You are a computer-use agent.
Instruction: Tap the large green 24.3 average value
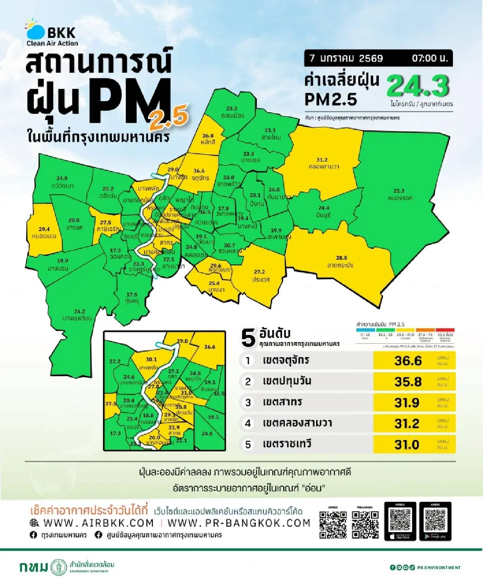coord(417,85)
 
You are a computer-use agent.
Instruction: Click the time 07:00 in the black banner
coord(429,58)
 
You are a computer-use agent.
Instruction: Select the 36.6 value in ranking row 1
coord(408,361)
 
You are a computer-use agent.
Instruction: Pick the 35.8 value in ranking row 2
coord(408,382)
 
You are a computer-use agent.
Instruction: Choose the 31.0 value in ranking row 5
coord(407,445)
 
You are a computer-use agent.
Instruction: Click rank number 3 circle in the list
coord(248,402)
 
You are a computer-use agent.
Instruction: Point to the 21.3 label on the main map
coord(398,191)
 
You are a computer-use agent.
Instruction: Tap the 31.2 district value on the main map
coord(322,160)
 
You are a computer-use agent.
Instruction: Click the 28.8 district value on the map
coord(341,258)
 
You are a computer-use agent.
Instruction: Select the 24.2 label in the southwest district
coord(79,311)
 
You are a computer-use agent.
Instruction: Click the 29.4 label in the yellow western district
coord(44,229)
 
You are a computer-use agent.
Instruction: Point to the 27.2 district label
coord(259,272)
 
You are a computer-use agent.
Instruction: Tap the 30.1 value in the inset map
coord(151,359)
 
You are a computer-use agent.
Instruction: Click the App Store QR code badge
coord(400,521)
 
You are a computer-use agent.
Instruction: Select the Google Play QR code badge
coord(435,521)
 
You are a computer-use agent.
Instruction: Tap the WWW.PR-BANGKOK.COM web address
coord(239,523)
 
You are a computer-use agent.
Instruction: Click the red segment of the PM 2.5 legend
coord(445,330)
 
